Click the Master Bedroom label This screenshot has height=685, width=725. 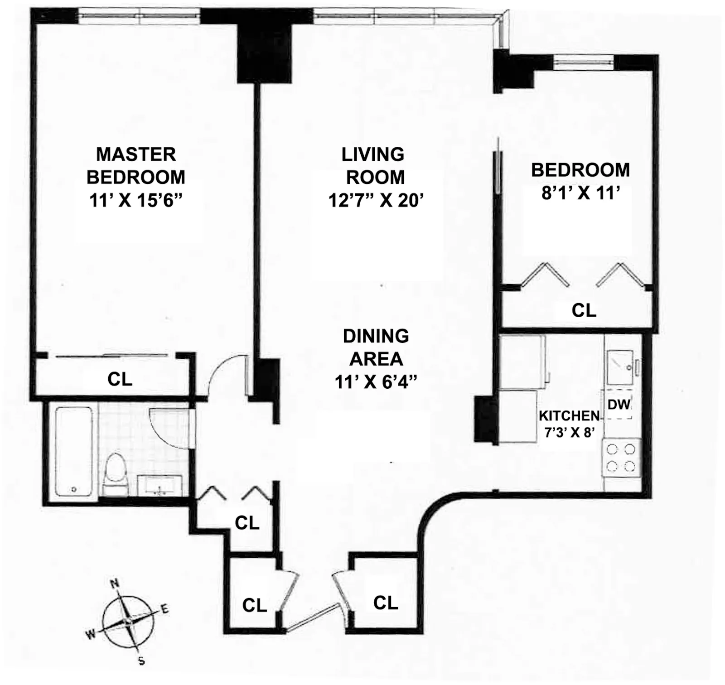click(x=136, y=166)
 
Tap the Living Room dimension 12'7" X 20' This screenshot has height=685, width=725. click(x=376, y=200)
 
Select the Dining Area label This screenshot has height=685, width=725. click(x=376, y=347)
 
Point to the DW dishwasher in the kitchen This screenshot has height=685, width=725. click(x=619, y=404)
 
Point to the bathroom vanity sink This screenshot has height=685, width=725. click(x=159, y=486)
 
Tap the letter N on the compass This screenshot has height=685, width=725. click(x=115, y=583)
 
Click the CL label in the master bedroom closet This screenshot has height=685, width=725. click(x=120, y=379)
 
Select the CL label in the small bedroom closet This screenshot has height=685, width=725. click(x=584, y=311)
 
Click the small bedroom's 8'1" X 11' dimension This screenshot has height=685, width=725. click(x=580, y=193)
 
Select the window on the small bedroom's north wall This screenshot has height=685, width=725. click(x=584, y=62)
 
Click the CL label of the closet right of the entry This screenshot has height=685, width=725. click(x=386, y=603)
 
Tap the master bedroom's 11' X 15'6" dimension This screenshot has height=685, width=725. click(x=136, y=200)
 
